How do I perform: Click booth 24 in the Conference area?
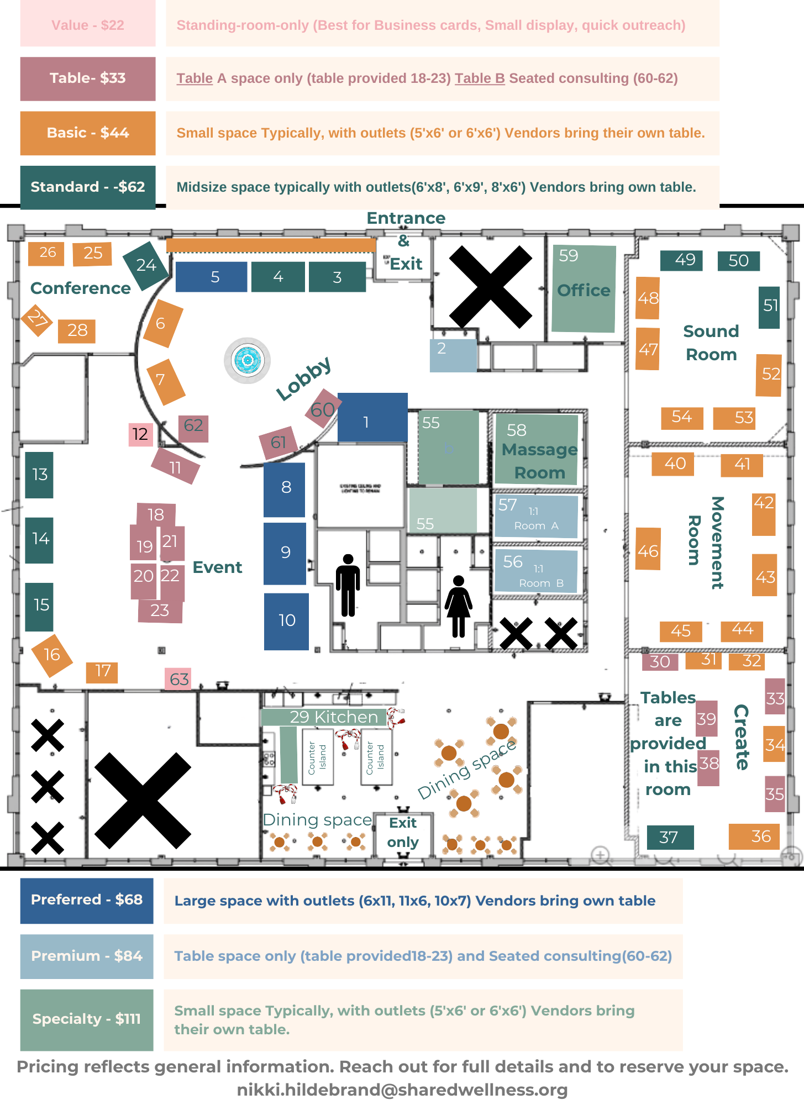pyautogui.click(x=145, y=266)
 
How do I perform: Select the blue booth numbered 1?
pyautogui.click(x=372, y=417)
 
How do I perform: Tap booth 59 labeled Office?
pyautogui.click(x=584, y=289)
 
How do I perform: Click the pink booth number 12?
pyautogui.click(x=140, y=434)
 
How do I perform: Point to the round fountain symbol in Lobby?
pyautogui.click(x=247, y=360)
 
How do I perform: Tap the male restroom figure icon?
pyautogui.click(x=348, y=585)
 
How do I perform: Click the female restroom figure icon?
pyautogui.click(x=459, y=606)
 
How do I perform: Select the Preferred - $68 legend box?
pyautogui.click(x=87, y=900)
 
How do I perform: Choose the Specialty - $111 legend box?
pyautogui.click(x=87, y=1019)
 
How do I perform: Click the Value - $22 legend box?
pyautogui.click(x=88, y=25)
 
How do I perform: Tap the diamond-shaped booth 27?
pyautogui.click(x=37, y=319)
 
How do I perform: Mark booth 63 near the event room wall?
pyautogui.click(x=178, y=679)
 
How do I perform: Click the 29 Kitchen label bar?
pyautogui.click(x=324, y=717)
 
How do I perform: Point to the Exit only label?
pyautogui.click(x=403, y=833)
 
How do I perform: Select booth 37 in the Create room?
pyautogui.click(x=670, y=837)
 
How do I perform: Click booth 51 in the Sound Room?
pyautogui.click(x=769, y=307)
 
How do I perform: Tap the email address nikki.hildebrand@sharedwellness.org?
pyautogui.click(x=402, y=1090)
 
